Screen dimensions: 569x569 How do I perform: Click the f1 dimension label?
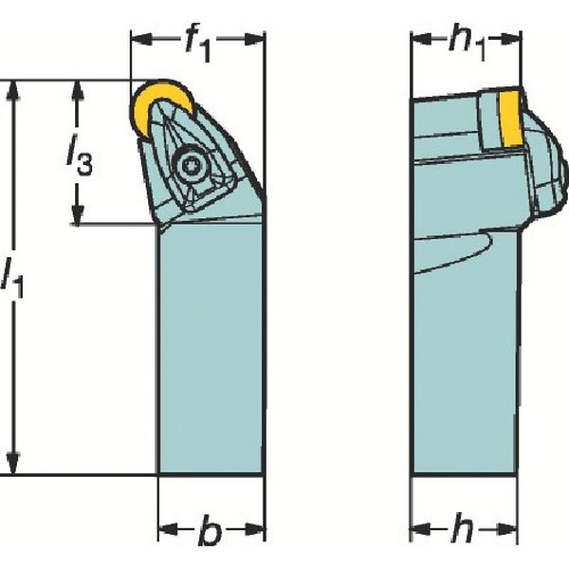tap(198, 41)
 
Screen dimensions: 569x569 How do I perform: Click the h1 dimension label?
tap(466, 43)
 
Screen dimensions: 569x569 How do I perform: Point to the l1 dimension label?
tap(13, 276)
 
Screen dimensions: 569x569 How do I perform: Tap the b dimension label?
tap(211, 532)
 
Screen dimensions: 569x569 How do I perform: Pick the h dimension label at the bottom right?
tap(463, 532)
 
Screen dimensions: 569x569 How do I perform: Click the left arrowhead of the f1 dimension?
tap(138, 39)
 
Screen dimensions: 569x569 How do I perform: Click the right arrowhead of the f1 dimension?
tap(258, 39)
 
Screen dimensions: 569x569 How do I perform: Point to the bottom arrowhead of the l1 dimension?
tap(13, 468)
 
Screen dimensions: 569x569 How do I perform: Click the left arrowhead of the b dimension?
tap(164, 527)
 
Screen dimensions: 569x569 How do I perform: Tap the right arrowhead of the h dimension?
tap(514, 527)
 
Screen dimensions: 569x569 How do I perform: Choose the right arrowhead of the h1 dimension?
tap(514, 39)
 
